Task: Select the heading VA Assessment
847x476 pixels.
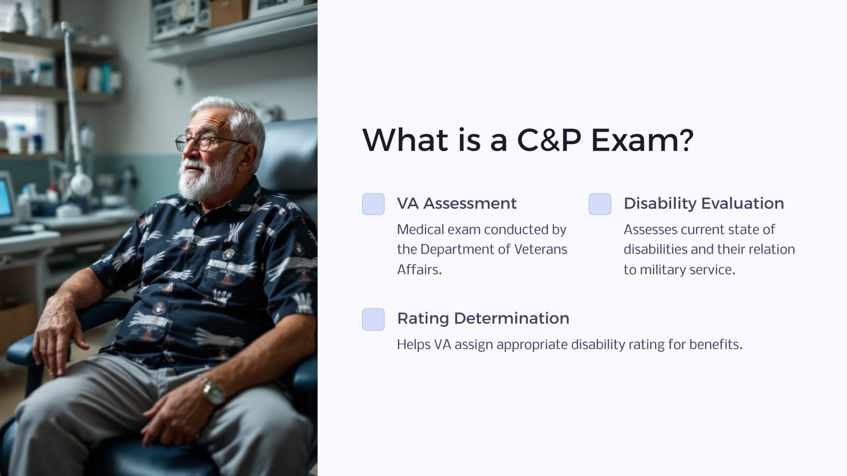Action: click(x=457, y=203)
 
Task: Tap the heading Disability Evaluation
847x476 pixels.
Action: click(x=703, y=203)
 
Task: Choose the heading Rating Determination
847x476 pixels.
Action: click(x=483, y=318)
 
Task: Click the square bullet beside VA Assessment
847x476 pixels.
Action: click(x=373, y=204)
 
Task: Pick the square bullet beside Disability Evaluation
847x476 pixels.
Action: click(x=600, y=204)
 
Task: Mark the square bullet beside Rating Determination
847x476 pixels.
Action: click(x=373, y=319)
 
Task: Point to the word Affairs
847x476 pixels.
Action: click(x=419, y=269)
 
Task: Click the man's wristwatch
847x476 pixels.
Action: click(x=215, y=392)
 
